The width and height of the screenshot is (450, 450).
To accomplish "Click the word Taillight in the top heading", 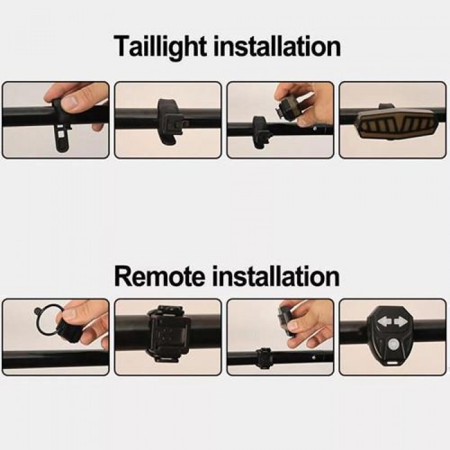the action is (161, 47).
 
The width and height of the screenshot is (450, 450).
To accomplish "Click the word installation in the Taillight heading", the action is (277, 46).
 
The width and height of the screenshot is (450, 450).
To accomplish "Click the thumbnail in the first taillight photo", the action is (73, 102).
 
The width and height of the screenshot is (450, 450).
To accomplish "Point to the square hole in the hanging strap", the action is (60, 134).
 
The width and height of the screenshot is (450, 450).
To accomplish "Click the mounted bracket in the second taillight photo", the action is (170, 121).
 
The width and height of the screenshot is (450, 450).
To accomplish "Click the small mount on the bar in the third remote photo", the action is (264, 359).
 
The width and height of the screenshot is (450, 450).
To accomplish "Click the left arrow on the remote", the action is (384, 321).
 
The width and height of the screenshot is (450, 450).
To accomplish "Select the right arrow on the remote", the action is (400, 321).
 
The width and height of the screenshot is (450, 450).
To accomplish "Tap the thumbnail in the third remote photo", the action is (293, 326).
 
